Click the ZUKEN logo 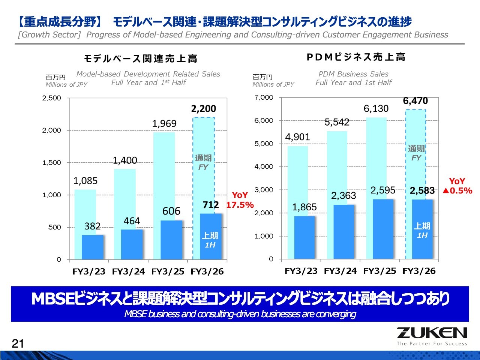click(432, 333)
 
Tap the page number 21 click(18, 343)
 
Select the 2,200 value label click(204, 109)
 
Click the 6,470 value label click(415, 101)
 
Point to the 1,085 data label click(85, 181)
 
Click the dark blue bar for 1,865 click(304, 237)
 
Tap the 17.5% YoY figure click(240, 205)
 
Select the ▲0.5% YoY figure click(457, 190)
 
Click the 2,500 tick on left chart click(51, 98)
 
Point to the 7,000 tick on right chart click(264, 97)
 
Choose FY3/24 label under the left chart click(128, 271)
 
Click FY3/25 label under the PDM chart click(379, 271)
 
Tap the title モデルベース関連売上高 click(140, 58)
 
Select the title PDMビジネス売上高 click(355, 57)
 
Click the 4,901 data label click(297, 137)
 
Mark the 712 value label click(210, 205)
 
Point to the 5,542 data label click(337, 122)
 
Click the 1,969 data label click(164, 124)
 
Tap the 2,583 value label click(422, 190)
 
